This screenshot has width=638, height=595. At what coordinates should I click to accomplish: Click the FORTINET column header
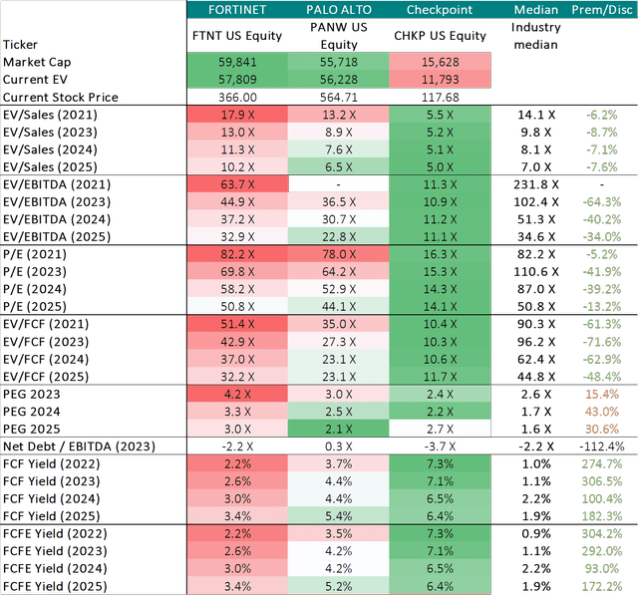click(236, 10)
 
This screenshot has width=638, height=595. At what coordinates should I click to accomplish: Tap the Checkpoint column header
click(440, 10)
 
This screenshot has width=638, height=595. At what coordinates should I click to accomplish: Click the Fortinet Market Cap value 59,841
click(236, 62)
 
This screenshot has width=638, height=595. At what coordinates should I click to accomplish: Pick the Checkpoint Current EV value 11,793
click(440, 79)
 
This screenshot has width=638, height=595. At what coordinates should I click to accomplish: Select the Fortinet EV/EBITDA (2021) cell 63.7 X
click(236, 183)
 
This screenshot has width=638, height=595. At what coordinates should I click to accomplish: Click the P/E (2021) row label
click(37, 254)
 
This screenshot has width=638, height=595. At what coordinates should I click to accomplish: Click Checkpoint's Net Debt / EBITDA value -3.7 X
click(440, 445)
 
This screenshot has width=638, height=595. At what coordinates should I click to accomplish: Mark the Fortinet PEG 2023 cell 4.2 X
click(236, 393)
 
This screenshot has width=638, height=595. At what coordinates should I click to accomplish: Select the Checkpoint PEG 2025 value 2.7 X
click(440, 428)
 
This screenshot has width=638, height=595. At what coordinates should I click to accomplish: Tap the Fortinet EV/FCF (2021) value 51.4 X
click(236, 323)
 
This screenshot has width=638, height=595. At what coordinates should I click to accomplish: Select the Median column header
click(536, 10)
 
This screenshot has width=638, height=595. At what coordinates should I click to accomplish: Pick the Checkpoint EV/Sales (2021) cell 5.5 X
click(440, 114)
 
